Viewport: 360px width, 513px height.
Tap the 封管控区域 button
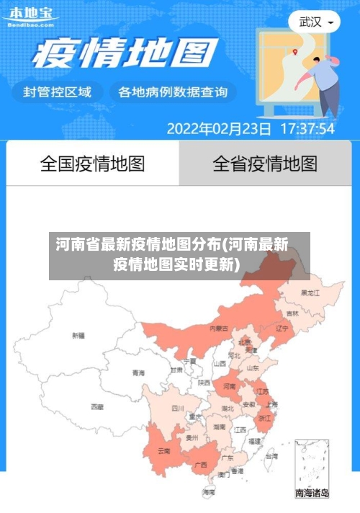coord(58,92)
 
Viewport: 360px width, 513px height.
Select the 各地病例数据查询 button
coord(173,92)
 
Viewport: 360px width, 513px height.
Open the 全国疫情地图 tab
coord(92,164)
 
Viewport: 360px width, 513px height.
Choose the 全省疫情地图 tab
coord(265,164)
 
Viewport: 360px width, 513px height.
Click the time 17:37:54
coord(307,130)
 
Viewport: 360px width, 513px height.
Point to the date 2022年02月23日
coord(220,130)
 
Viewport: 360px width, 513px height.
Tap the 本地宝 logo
coord(31,15)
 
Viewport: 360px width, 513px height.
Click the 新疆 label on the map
coord(78,335)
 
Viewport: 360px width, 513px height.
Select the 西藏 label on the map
coord(96,407)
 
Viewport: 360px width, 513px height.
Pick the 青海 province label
coord(138,373)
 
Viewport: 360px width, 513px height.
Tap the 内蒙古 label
coord(218,328)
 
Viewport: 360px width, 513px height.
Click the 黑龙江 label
coord(311,293)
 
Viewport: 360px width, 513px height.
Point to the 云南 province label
coord(164,451)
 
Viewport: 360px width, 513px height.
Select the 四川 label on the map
coord(178,408)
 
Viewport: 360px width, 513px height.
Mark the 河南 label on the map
coord(230,386)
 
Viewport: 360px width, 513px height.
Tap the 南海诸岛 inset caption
coord(312,494)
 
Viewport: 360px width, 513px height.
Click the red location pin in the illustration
coord(295,51)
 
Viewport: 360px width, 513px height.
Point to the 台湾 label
coord(271,456)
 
